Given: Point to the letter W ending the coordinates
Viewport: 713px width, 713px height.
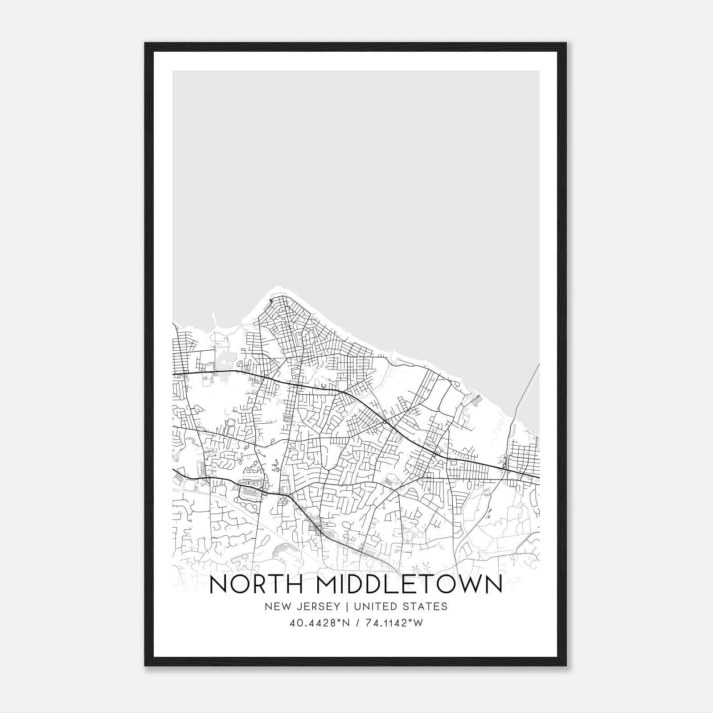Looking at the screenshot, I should click(x=418, y=623).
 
